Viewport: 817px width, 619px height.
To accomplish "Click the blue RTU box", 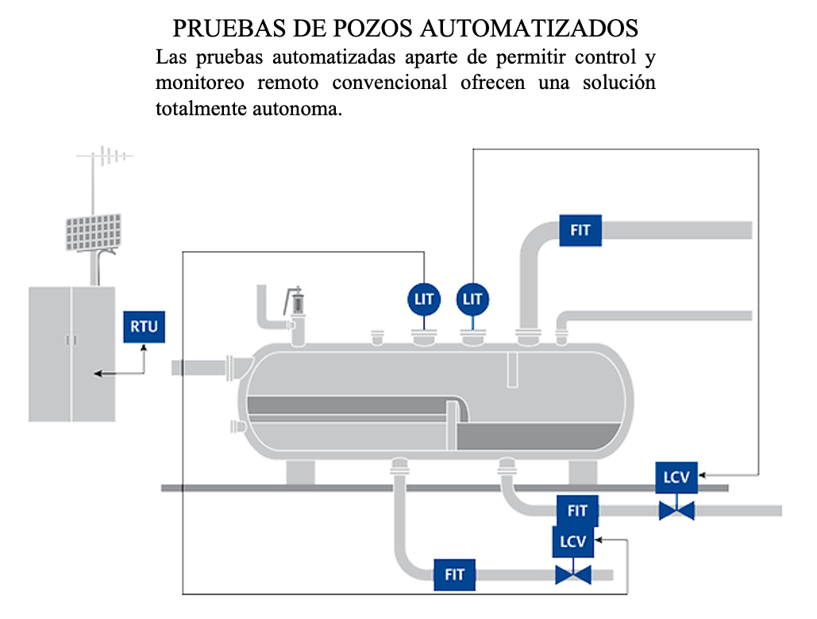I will pos(145,326).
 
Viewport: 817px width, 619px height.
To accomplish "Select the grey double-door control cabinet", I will pos(71,354).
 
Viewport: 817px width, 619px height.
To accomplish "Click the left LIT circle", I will pos(425,300).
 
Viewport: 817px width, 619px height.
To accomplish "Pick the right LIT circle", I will pos(472,300).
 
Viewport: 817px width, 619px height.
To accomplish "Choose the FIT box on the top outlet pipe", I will pos(580,230).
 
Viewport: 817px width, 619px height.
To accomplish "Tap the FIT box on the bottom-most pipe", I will pos(454,574).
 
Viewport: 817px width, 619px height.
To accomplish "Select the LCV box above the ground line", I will pos(676,478).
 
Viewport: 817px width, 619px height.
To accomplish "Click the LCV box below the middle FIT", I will pos(572,541).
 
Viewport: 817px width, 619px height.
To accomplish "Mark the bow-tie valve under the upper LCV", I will pos(676,509).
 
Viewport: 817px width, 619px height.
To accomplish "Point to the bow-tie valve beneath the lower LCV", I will pos(572,574).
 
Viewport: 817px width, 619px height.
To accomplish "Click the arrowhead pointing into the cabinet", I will pos(96,373).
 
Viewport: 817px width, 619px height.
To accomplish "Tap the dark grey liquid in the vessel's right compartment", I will pos(540,436).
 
